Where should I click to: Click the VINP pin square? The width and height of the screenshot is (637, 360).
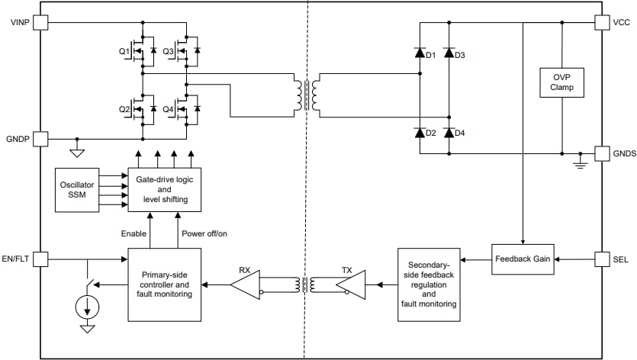pyautogui.click(x=40, y=23)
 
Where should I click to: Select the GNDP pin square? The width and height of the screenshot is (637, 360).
pyautogui.click(x=40, y=139)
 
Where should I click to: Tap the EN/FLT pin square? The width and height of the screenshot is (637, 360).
pyautogui.click(x=40, y=259)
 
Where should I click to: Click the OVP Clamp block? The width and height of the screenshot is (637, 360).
pyautogui.click(x=561, y=82)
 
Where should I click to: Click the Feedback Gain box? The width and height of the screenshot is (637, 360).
pyautogui.click(x=522, y=259)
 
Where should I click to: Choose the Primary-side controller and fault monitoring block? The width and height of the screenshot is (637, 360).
pyautogui.click(x=166, y=284)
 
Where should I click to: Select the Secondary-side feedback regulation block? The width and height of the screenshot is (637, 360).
pyautogui.click(x=428, y=284)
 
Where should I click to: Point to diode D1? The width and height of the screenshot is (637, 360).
pyautogui.click(x=419, y=53)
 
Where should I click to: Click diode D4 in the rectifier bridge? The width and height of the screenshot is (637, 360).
pyautogui.click(x=449, y=133)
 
